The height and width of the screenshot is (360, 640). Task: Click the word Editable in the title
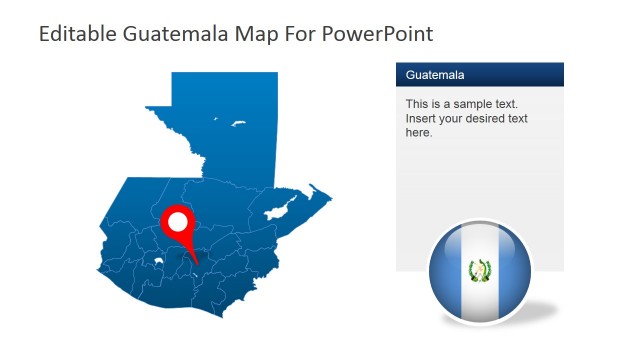pyautogui.click(x=73, y=33)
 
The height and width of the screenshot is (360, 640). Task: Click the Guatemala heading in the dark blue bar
pyautogui.click(x=435, y=75)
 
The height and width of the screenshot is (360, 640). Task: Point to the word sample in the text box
pyautogui.click(x=480, y=104)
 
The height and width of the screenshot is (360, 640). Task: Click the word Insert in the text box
pyautogui.click(x=422, y=118)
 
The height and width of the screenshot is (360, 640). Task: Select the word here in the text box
pyautogui.click(x=419, y=132)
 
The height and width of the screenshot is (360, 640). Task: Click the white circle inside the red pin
pyautogui.click(x=179, y=221)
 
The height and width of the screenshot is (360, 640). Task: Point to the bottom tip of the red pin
pyautogui.click(x=196, y=265)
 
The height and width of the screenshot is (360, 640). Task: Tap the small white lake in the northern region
pyautogui.click(x=239, y=124)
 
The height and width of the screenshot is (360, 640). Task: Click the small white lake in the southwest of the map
pyautogui.click(x=158, y=264)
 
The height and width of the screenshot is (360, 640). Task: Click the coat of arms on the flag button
pyautogui.click(x=480, y=270)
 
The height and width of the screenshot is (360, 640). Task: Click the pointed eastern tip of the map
pyautogui.click(x=330, y=197)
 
